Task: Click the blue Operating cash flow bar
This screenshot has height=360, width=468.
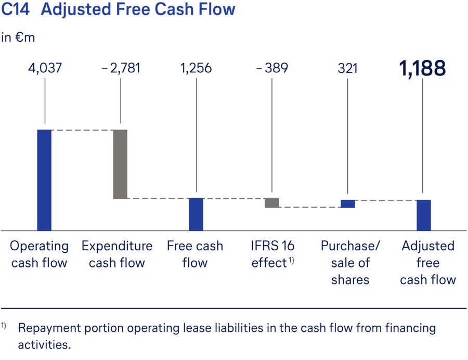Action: click(x=44, y=179)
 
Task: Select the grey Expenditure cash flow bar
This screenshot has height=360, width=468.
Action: click(x=120, y=164)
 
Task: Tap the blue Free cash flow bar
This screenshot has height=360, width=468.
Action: click(x=196, y=214)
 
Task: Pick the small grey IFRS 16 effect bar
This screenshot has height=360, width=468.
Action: click(x=272, y=203)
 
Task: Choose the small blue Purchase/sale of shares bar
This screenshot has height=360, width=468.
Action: click(x=348, y=203)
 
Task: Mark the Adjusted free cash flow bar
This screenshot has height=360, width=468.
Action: click(x=424, y=215)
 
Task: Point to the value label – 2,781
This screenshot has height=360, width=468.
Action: click(x=120, y=68)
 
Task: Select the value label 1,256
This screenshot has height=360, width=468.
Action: click(x=196, y=68)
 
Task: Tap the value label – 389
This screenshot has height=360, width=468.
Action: click(x=272, y=68)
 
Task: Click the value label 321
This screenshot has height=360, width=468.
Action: click(x=348, y=68)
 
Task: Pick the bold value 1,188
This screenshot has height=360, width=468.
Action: click(x=423, y=68)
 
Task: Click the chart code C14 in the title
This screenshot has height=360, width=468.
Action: click(x=16, y=9)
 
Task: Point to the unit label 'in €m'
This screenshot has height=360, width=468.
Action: click(x=18, y=37)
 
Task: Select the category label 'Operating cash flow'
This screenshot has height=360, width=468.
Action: click(x=40, y=254)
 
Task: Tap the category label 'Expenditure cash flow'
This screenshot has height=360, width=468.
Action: click(x=117, y=254)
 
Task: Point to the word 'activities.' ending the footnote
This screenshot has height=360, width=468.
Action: click(x=44, y=345)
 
